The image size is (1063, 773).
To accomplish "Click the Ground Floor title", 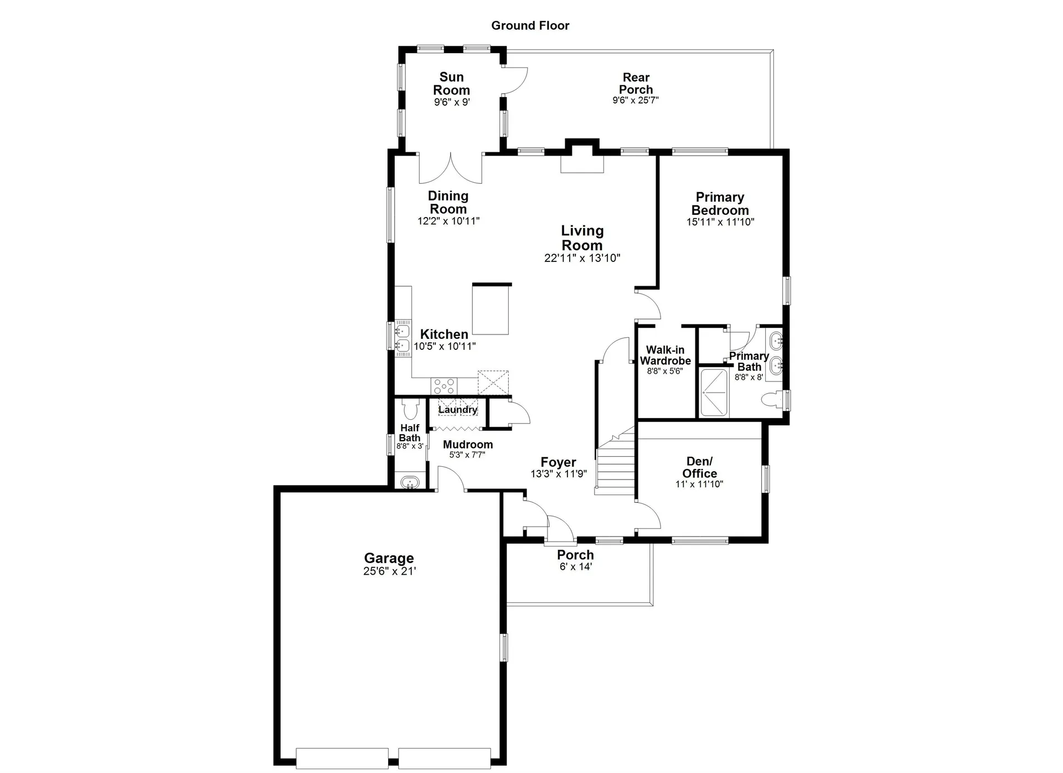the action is [x=530, y=25].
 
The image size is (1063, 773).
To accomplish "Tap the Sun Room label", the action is [x=451, y=84].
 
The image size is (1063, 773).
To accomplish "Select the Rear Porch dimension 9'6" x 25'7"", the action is [x=636, y=100].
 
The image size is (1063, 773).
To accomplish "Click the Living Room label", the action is [x=582, y=238].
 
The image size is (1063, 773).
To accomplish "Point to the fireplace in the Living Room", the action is [x=582, y=164].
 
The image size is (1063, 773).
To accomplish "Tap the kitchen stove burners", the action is [x=444, y=385].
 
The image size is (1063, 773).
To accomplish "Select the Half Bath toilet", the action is [x=410, y=409].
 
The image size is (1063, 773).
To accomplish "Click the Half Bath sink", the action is [x=410, y=482].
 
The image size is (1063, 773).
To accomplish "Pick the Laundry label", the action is [x=458, y=410].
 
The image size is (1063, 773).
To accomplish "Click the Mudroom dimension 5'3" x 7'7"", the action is [x=467, y=455].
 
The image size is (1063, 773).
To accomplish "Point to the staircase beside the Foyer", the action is [x=615, y=464].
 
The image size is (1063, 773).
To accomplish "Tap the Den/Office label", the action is [x=700, y=467].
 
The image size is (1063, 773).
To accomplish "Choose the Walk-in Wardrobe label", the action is [x=665, y=355].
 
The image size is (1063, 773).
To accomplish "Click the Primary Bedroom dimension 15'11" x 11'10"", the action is [x=720, y=222].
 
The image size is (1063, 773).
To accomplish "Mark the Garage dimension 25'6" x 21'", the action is [x=389, y=571].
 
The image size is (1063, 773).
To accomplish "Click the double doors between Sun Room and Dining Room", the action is [x=451, y=168].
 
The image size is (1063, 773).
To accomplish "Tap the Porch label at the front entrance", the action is [x=575, y=555].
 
